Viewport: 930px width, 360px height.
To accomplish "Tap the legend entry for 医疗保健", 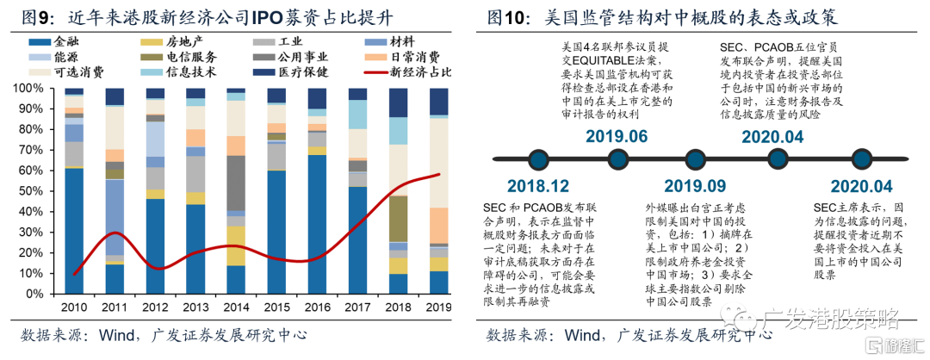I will click(297, 71).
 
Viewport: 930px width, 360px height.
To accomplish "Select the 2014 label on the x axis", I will click(235, 307).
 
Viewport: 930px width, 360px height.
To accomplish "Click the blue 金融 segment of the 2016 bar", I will click(317, 224).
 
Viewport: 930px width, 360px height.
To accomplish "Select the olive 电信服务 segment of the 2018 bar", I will click(398, 219).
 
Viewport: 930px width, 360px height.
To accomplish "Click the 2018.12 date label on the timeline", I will click(537, 185).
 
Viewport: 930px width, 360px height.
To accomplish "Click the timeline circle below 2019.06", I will click(617, 160).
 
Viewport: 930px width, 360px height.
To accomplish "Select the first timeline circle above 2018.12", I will click(538, 160).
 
